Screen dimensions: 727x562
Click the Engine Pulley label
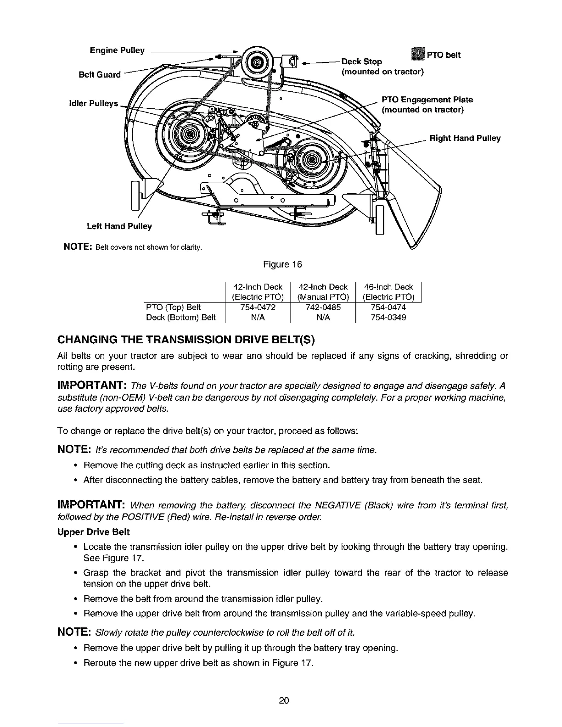click(x=117, y=50)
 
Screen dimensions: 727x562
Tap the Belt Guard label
click(x=99, y=74)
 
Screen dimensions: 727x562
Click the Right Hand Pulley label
click(x=465, y=138)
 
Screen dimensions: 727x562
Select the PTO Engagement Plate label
click(x=427, y=100)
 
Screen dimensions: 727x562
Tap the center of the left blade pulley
click(x=188, y=135)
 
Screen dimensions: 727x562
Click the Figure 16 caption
click(x=282, y=264)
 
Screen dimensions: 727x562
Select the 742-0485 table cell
click(x=323, y=308)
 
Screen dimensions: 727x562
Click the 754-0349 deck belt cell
click(x=388, y=317)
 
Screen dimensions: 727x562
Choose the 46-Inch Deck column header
click(x=388, y=287)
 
